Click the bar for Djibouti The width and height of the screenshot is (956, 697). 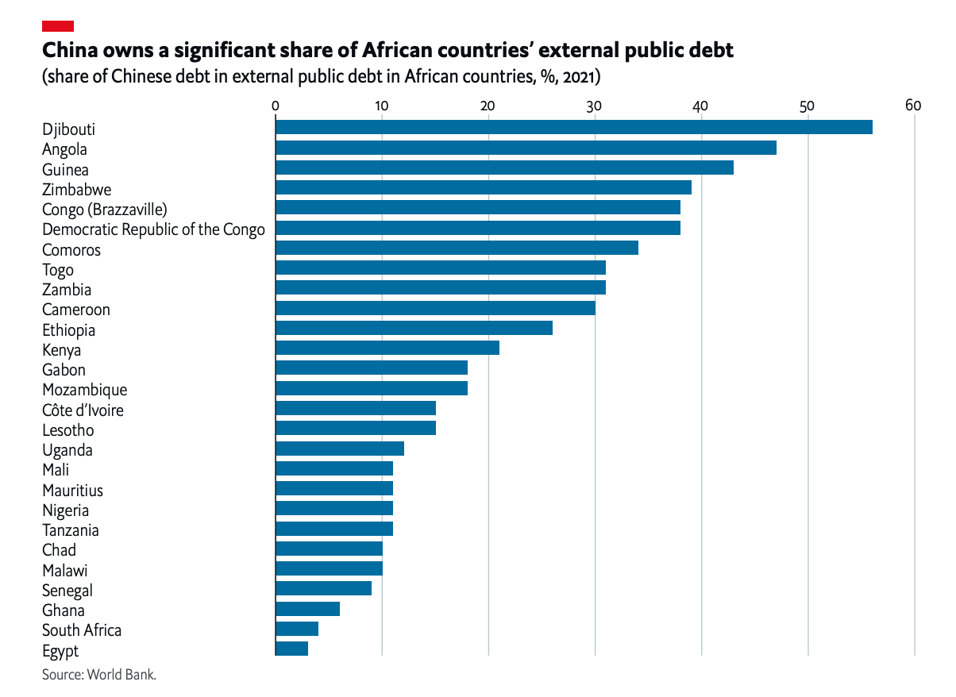[x=573, y=127]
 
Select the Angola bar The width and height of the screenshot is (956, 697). [x=526, y=148]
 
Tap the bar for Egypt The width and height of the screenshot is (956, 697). [x=291, y=649]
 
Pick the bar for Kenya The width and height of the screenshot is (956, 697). [x=387, y=348]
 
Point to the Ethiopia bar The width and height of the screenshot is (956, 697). [x=414, y=328]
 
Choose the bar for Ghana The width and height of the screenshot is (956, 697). [x=307, y=609]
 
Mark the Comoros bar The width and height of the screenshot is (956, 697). [x=457, y=248]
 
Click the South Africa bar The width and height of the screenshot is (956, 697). [x=297, y=629]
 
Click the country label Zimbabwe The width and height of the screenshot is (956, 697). [x=76, y=190]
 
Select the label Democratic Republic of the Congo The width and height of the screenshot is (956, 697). [x=153, y=229]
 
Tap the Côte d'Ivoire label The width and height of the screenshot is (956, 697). [x=83, y=410]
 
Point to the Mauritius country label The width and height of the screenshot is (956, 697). [x=72, y=491]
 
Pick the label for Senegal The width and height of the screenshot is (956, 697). [x=67, y=591]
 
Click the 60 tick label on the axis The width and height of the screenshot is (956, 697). [x=913, y=106]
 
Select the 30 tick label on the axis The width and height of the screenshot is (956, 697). [x=594, y=106]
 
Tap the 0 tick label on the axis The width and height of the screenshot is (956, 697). [x=275, y=106]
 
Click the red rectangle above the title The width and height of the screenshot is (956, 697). [x=58, y=26]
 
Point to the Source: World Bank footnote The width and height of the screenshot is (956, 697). [x=99, y=675]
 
